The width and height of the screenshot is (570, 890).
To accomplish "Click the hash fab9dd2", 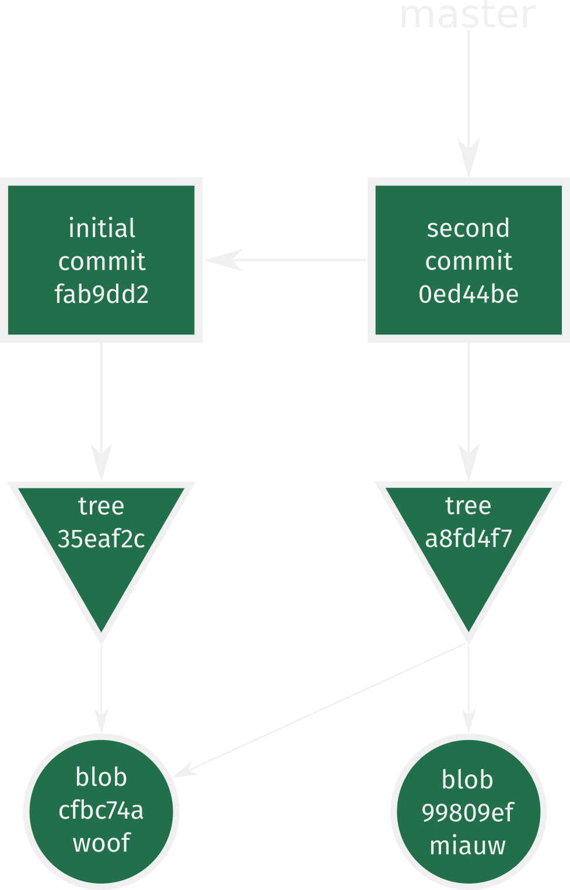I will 102,294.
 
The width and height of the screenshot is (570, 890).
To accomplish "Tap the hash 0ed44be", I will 468,294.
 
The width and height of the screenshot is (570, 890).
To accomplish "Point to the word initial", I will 102,228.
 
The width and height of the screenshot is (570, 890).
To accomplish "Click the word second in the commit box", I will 468,228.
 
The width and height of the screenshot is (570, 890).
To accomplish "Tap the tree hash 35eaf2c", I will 102,539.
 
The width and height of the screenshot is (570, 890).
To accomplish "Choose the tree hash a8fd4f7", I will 468,539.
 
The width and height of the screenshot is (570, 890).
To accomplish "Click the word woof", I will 102,843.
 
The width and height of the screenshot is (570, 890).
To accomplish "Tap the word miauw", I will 467,846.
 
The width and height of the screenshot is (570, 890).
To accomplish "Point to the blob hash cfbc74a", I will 102,810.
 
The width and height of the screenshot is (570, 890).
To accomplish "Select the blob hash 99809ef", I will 467,812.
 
